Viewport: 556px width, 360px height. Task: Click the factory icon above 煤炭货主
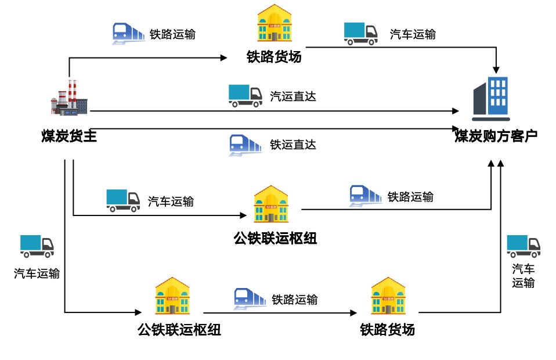[69, 98]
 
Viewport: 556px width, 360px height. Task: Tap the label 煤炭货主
[68, 136]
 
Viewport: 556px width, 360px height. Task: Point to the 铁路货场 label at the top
[274, 57]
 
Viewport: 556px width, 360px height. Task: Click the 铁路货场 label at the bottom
[387, 330]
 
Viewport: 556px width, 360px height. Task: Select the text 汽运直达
[293, 96]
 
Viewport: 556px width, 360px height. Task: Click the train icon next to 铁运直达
[245, 145]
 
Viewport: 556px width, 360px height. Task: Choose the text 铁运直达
[293, 145]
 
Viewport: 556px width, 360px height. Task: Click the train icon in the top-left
[128, 34]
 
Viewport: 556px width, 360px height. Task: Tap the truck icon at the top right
[361, 34]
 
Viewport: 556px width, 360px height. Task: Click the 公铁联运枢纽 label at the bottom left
[179, 330]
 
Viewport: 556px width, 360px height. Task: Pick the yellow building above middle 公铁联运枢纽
[270, 204]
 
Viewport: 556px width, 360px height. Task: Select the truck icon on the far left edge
[37, 246]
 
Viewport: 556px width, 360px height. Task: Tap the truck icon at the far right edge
[523, 246]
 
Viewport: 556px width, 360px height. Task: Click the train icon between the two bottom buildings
[250, 299]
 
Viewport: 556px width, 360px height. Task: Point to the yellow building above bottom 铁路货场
[388, 296]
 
